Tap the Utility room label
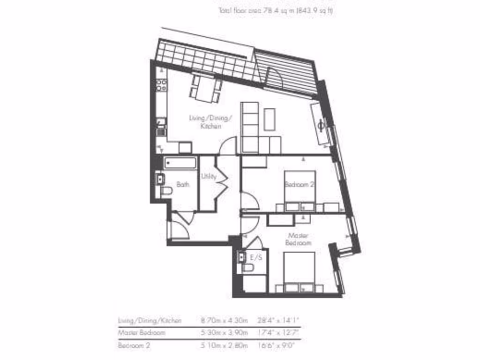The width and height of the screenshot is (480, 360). click(209, 177)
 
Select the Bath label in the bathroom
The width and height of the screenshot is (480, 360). click(183, 185)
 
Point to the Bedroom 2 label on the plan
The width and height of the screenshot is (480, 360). click(300, 184)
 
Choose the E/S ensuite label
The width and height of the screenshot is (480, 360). click(256, 257)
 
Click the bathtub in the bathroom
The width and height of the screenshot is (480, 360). click(180, 163)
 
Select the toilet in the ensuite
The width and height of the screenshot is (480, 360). click(247, 268)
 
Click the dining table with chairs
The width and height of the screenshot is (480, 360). click(205, 88)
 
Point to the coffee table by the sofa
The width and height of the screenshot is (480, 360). click(269, 119)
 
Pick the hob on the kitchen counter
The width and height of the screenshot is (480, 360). click(161, 85)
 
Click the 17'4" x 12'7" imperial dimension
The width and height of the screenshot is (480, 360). click(278, 333)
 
